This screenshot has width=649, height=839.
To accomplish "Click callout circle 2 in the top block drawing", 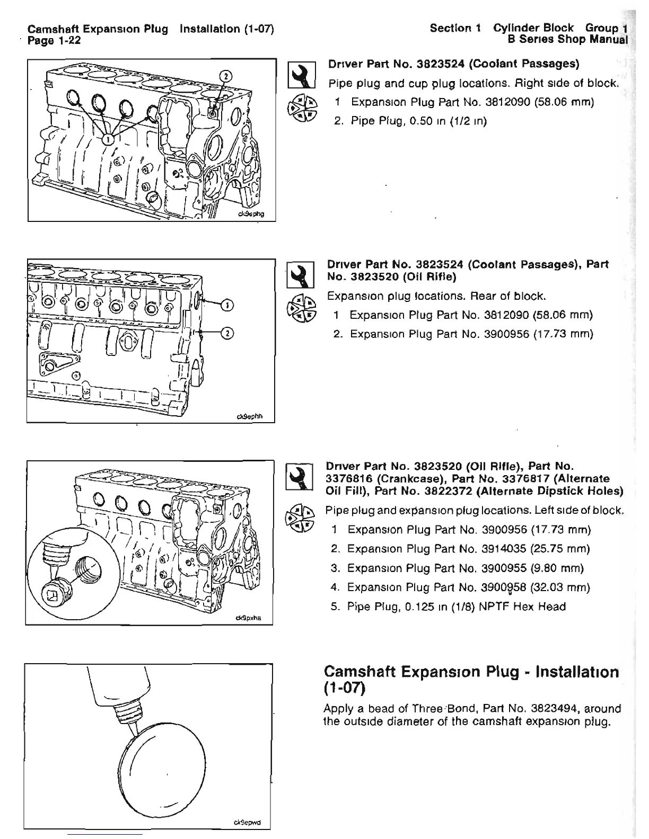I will point(225,75).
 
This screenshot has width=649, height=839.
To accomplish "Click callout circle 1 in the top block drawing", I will point(108,139).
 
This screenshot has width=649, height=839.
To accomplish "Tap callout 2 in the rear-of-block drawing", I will point(226,333).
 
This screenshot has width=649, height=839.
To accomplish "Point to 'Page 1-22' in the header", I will point(54,40).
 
